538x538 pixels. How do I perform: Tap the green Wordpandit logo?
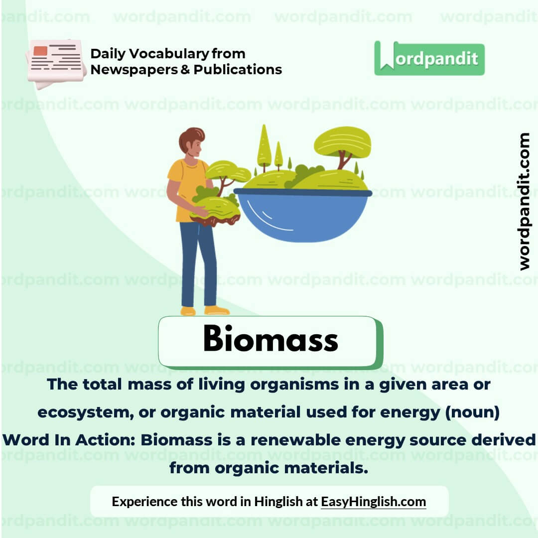point(429,58)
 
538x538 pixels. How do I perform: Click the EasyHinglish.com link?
point(373,501)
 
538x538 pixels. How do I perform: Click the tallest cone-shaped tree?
point(264,144)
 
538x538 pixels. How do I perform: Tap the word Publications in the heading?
point(238,69)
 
